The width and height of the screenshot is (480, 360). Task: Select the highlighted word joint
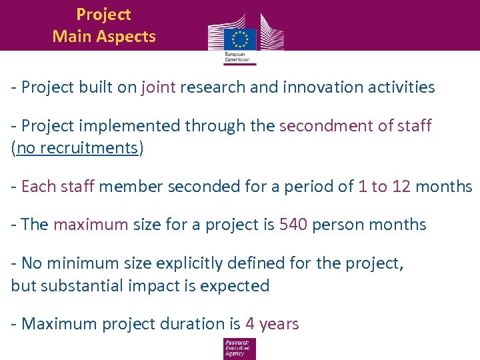[158, 87]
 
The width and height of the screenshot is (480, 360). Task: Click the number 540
[293, 225]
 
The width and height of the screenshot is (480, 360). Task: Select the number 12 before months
[401, 187]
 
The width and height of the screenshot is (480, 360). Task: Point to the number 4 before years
[250, 325]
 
